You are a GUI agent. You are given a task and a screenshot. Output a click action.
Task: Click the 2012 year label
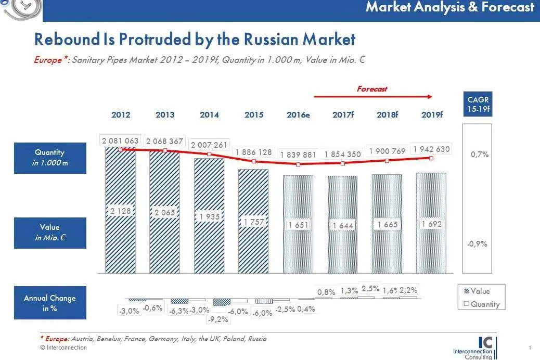click(x=121, y=115)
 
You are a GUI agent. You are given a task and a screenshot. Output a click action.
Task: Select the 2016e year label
click(x=298, y=115)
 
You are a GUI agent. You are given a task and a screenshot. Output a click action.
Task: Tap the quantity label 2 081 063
click(x=120, y=140)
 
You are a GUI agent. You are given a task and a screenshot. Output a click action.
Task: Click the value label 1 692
click(x=432, y=225)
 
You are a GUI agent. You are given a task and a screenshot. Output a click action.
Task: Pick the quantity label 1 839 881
click(x=298, y=155)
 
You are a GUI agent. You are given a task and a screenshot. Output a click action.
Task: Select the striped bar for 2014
click(x=209, y=245)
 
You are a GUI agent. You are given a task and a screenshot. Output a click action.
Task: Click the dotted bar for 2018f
click(x=387, y=250)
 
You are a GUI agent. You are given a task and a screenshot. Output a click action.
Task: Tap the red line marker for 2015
click(x=254, y=161)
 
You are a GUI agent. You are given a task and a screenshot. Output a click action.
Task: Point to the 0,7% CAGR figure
click(x=479, y=155)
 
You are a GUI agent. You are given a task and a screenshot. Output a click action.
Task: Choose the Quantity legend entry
click(x=481, y=304)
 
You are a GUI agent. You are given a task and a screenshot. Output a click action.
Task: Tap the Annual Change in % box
click(x=50, y=303)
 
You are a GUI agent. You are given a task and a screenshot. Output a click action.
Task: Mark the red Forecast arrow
click(x=372, y=97)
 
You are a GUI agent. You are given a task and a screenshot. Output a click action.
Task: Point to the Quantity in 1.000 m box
click(x=50, y=158)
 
